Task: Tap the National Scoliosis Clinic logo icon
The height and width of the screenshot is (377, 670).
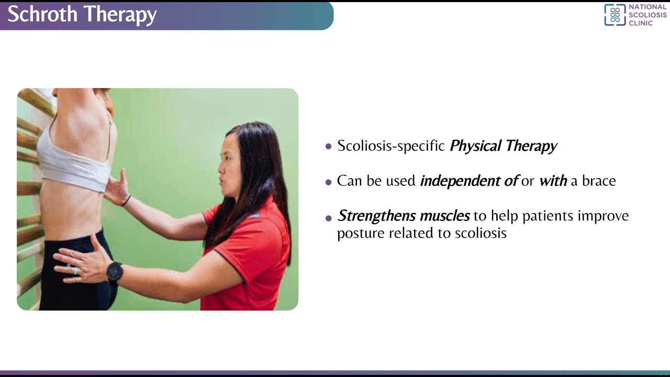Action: coord(615,15)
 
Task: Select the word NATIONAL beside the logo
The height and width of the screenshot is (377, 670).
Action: coord(647,7)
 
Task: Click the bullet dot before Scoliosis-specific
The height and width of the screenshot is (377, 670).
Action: coord(329,147)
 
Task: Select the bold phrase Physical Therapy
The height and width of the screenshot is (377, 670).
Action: coord(503,146)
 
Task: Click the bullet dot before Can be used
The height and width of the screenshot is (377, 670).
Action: coord(329,182)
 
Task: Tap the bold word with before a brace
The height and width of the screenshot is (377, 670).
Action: coord(553,181)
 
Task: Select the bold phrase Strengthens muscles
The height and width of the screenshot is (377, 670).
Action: coord(404,216)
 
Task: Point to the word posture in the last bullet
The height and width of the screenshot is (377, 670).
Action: coord(361,233)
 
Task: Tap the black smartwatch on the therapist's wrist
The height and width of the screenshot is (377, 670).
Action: coord(115,272)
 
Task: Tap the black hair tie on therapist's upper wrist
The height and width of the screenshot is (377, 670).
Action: coord(126,201)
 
